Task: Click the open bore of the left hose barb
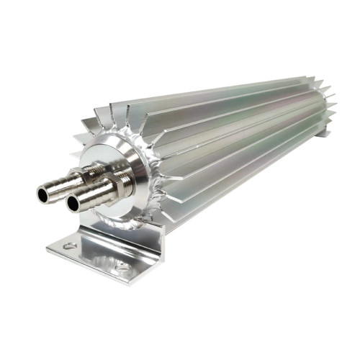pos(44,192)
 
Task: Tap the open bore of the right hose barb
pos(73,204)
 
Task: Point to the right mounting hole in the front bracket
pos(122,266)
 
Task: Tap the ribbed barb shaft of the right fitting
pos(90,196)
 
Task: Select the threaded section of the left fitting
pos(78,176)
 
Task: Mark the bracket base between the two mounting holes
pos(94,256)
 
